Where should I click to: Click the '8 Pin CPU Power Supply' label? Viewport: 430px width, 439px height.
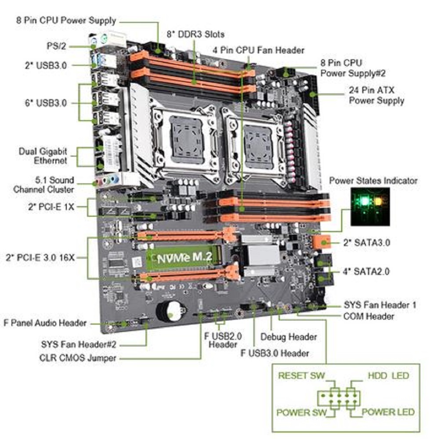pyautogui.click(x=66, y=20)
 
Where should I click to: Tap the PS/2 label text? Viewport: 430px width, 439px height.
pyautogui.click(x=57, y=46)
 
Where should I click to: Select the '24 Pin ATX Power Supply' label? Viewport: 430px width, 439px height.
pyautogui.click(x=376, y=95)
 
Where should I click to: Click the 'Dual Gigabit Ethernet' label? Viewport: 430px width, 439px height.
pyautogui.click(x=43, y=156)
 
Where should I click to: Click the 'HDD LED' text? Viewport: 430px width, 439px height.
pyautogui.click(x=388, y=376)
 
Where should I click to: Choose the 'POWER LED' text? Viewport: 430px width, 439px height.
pyautogui.click(x=388, y=412)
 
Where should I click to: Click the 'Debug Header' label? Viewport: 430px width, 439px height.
pyautogui.click(x=288, y=337)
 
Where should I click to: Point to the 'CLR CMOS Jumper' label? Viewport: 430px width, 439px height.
pyautogui.click(x=78, y=358)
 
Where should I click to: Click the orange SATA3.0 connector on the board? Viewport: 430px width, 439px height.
pyautogui.click(x=322, y=242)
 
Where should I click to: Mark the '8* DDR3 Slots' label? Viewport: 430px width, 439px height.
pyautogui.click(x=195, y=34)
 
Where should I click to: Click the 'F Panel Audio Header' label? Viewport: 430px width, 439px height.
pyautogui.click(x=45, y=323)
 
